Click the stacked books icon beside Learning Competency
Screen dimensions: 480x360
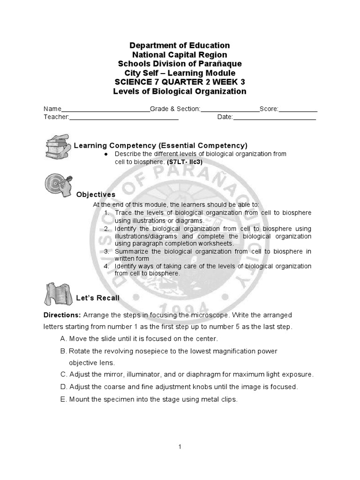pos(58,145)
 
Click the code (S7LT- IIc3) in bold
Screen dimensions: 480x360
pos(185,162)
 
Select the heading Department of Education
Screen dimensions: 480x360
pos(180,45)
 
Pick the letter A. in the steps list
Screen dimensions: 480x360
pos(64,338)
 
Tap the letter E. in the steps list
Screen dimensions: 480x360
pos(64,399)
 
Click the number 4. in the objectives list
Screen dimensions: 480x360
pos(107,266)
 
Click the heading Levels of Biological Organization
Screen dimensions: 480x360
pos(180,91)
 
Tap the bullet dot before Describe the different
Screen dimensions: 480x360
pos(107,154)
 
